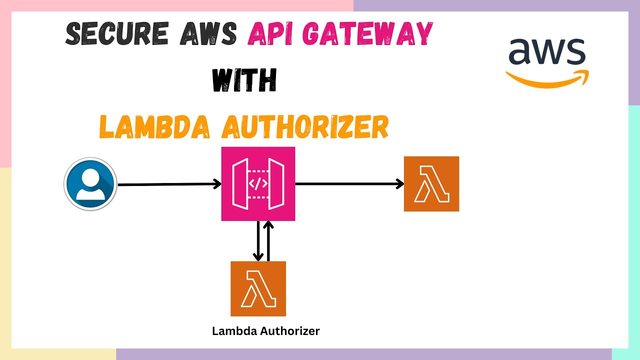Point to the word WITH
(244, 79)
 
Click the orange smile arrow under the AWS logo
(547, 79)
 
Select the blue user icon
(90, 184)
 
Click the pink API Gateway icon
(258, 184)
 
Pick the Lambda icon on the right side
(431, 184)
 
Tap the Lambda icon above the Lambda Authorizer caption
(258, 288)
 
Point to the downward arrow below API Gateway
(258, 240)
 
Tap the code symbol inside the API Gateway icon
(258, 184)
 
